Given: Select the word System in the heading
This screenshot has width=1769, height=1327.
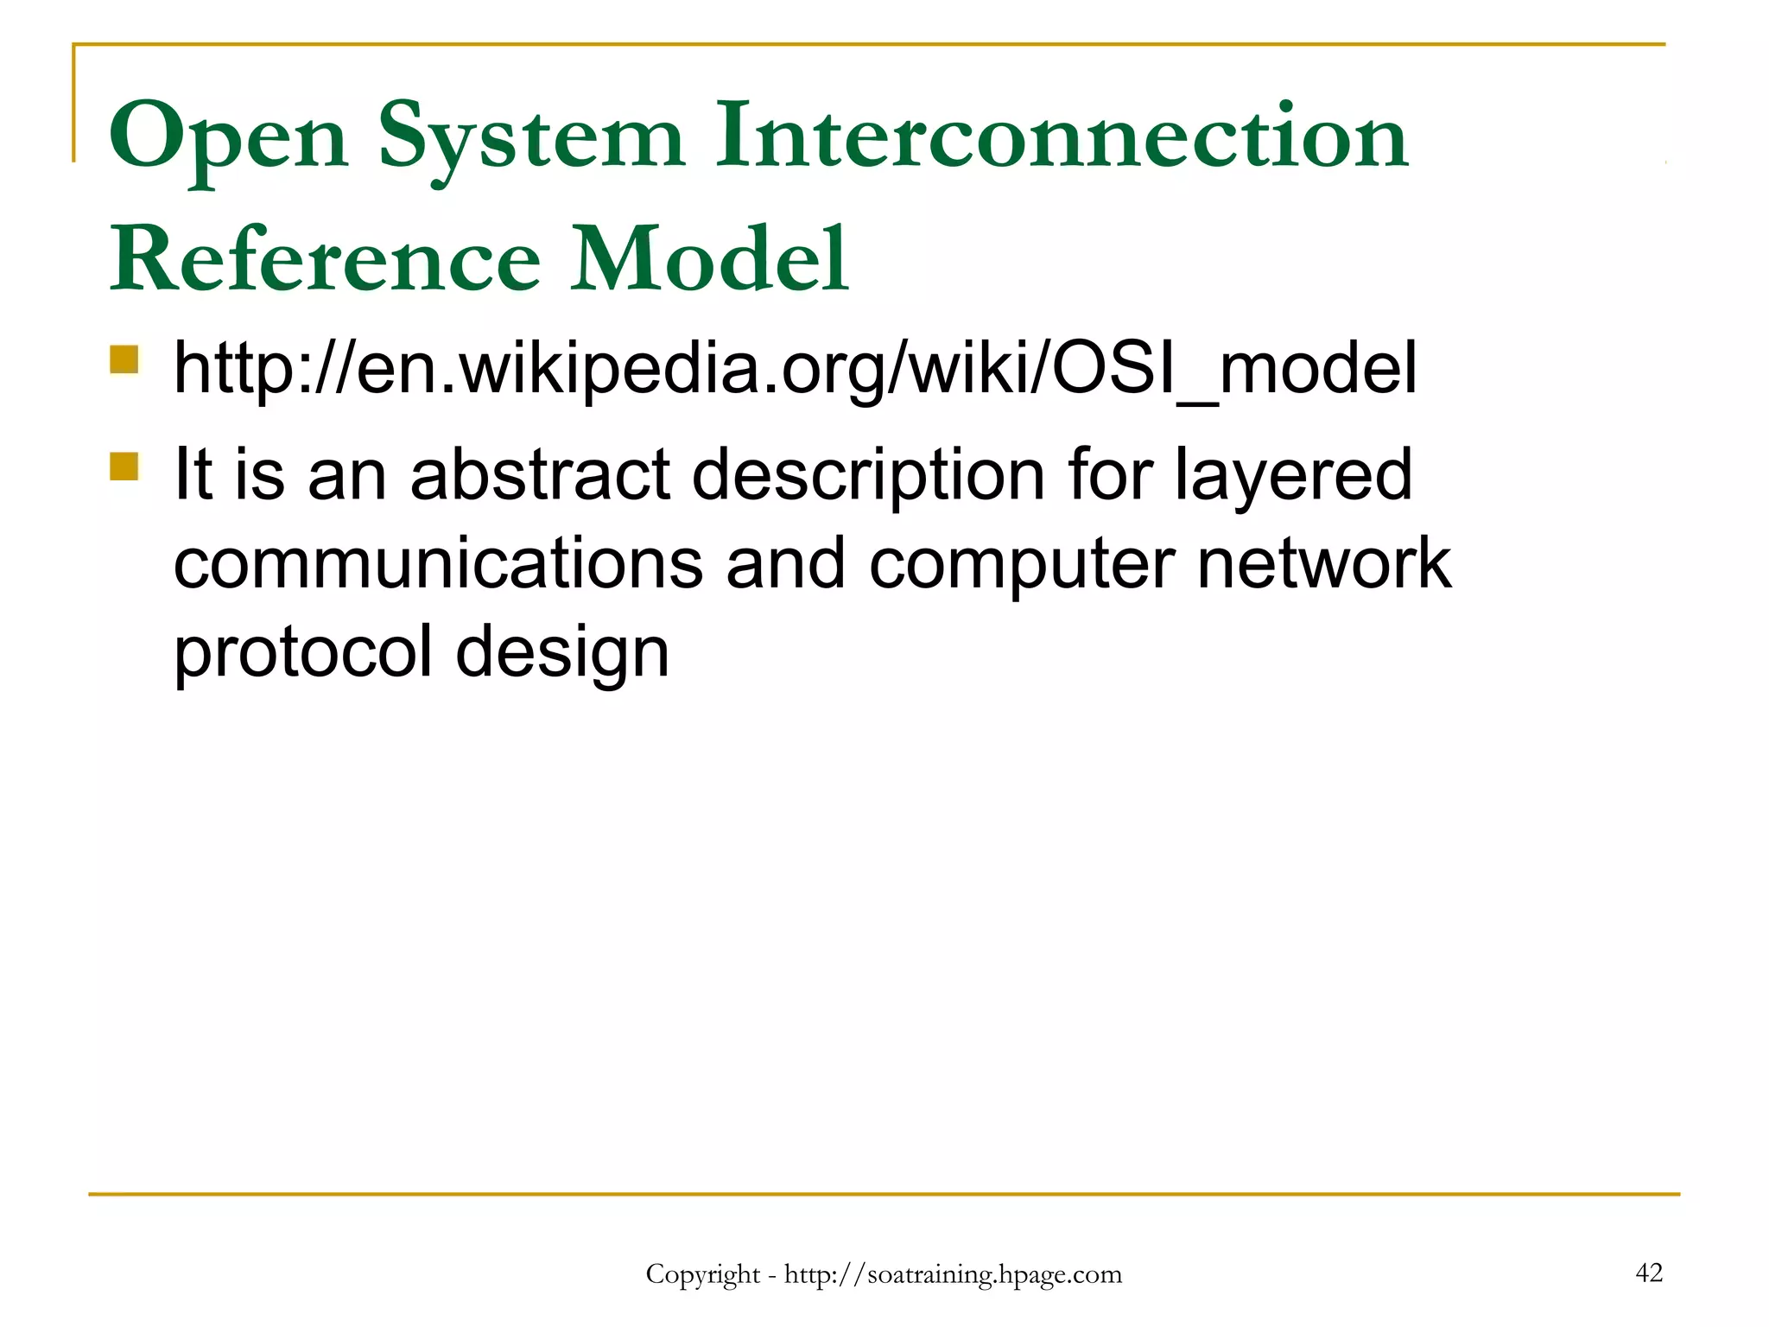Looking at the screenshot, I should coord(531,138).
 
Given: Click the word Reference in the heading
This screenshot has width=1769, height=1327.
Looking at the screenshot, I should coord(325,259).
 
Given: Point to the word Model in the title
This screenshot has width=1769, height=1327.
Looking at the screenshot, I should coord(710,259).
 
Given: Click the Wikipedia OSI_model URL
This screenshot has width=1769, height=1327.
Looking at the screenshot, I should coord(795,370).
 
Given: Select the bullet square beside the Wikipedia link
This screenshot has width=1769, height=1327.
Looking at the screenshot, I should coord(124,359).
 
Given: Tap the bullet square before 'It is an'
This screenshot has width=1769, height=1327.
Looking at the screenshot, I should coord(124,466).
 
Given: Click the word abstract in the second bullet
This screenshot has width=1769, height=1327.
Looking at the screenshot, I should coord(540,475).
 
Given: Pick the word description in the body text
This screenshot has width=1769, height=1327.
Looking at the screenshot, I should coord(868,475).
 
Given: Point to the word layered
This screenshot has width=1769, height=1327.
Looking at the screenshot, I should coord(1293,475).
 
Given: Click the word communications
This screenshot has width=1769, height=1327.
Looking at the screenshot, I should coord(438,563).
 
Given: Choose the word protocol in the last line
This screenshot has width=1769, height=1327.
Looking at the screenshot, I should coord(302,654).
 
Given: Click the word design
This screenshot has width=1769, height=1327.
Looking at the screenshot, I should coord(562,654).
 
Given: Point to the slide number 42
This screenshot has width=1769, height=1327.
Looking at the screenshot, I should coord(1648,1273).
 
